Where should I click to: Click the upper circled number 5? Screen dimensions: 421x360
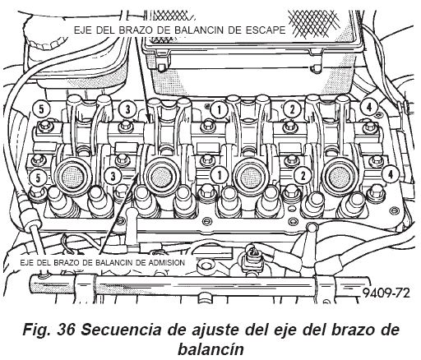point(41,109)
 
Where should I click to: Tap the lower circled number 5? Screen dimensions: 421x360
point(38,178)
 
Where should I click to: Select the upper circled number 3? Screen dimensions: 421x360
point(127,109)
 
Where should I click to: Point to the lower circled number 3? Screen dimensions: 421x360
point(113,176)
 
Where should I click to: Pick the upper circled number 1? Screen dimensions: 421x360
point(219,110)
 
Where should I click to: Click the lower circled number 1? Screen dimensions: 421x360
point(220,175)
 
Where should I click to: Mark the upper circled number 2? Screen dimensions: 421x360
point(292,110)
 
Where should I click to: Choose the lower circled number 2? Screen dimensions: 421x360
point(303,175)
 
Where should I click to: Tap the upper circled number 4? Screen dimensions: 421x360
point(369,108)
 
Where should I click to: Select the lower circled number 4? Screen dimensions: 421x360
point(391,174)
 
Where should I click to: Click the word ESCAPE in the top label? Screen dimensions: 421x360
point(266,30)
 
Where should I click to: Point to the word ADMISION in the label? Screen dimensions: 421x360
point(167,262)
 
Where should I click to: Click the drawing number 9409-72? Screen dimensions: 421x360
point(386,293)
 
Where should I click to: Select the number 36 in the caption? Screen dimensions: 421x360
point(66,330)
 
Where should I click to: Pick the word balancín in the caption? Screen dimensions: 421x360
point(210,349)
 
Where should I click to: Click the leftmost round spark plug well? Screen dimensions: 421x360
point(72,175)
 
